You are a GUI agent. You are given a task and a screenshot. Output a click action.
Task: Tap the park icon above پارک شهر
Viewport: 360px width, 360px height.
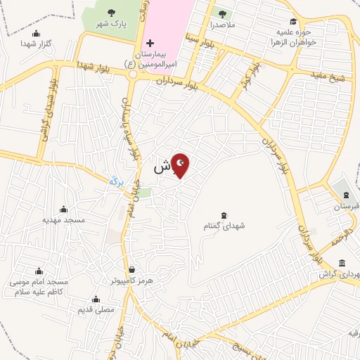[111, 12]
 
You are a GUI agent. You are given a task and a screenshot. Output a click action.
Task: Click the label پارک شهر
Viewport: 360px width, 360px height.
[111, 24]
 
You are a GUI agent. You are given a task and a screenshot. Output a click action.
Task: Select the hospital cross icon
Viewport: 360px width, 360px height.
[150, 44]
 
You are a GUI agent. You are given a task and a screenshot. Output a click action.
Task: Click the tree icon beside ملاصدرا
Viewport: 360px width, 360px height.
[223, 13]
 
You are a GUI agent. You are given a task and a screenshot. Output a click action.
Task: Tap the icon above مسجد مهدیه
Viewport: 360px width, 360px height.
[64, 209]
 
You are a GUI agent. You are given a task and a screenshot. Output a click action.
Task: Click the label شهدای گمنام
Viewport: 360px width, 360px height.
[224, 226]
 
